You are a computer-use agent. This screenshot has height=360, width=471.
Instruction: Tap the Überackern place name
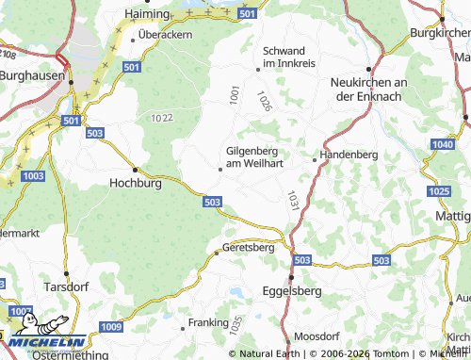(165, 35)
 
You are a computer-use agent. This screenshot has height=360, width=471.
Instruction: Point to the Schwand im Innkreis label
(291, 56)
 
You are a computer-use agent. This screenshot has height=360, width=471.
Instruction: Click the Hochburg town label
(137, 184)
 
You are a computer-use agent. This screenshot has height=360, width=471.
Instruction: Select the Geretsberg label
(248, 248)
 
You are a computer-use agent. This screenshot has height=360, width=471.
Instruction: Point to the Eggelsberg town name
(292, 290)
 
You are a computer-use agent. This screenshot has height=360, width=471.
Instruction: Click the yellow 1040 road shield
(442, 143)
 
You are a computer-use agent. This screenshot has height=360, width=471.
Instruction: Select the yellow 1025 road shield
(438, 191)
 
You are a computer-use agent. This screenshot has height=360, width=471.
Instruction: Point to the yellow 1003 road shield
(33, 176)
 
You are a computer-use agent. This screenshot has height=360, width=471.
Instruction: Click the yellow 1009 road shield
(110, 326)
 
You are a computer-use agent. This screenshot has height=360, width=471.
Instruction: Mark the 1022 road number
(161, 118)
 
